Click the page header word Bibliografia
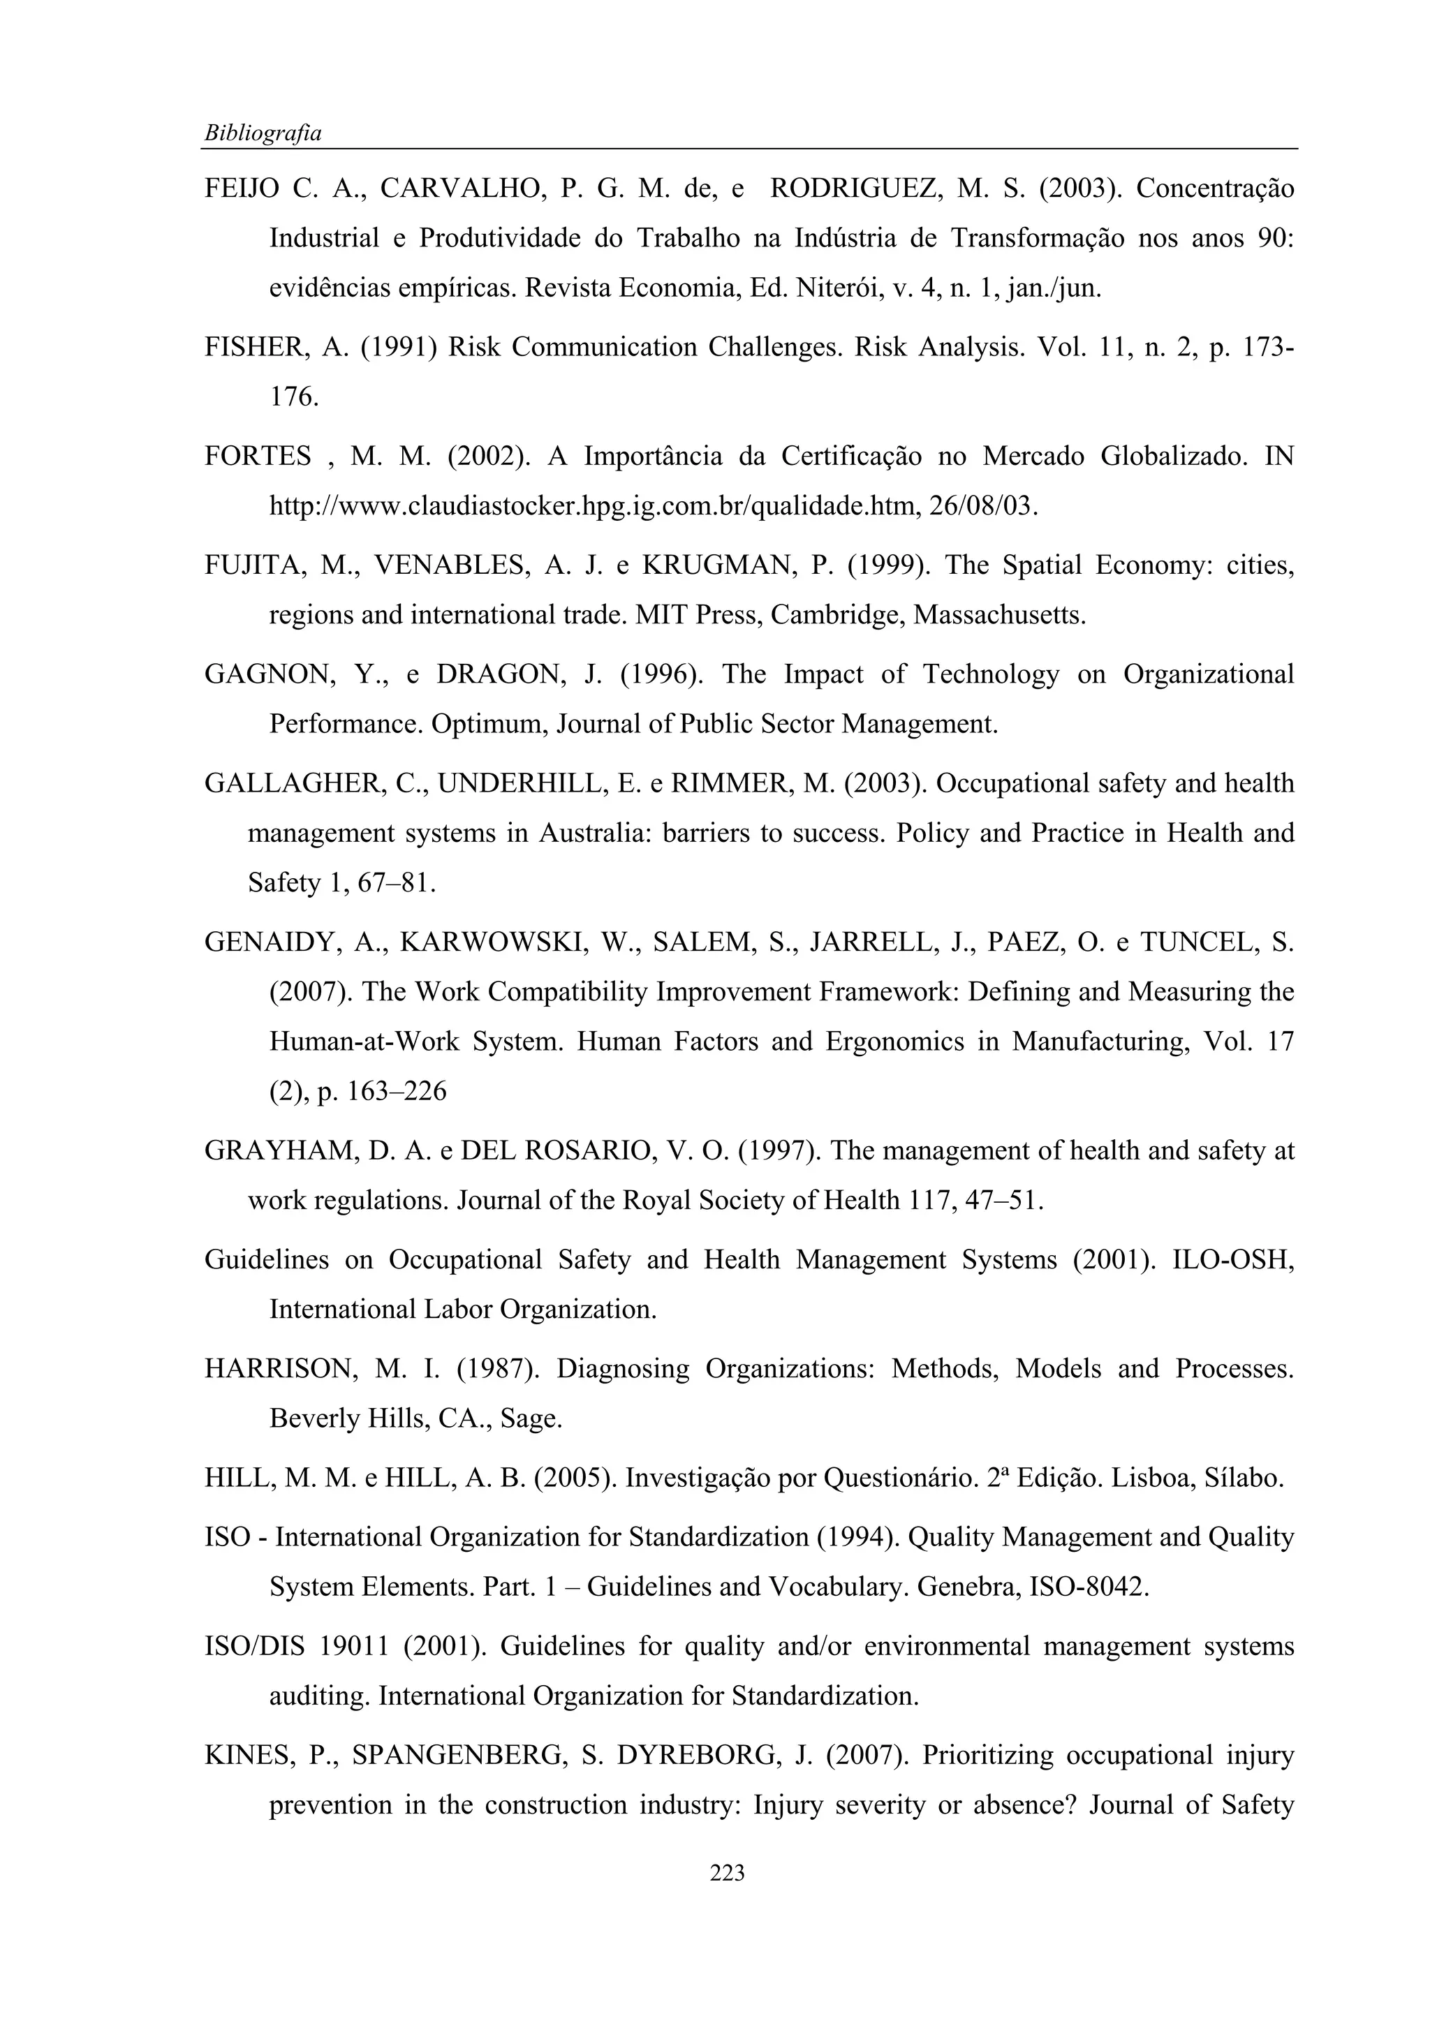263,133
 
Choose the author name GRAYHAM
272,1152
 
